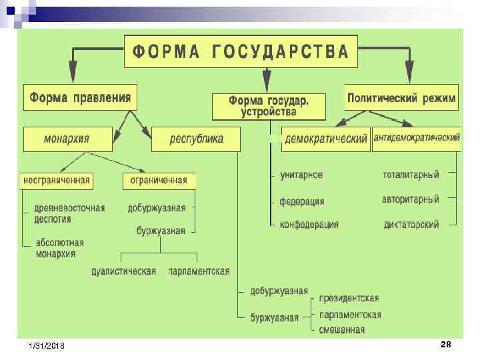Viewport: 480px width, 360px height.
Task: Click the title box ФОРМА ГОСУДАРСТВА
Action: coord(241,51)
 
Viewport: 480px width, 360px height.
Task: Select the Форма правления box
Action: coord(80,99)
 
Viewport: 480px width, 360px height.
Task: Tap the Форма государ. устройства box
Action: coord(269,106)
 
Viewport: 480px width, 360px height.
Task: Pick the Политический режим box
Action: coord(402,99)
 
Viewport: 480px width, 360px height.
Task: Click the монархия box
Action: coord(66,139)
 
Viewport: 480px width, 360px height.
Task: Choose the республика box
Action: coord(196,139)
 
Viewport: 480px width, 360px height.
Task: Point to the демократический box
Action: coord(325,139)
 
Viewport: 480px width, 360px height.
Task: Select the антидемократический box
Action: coord(417,138)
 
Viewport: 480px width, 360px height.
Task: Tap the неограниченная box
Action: coord(57,181)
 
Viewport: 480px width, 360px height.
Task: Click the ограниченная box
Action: coord(159,181)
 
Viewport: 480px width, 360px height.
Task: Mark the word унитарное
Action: coord(301,175)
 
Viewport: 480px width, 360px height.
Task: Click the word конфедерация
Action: coord(309,225)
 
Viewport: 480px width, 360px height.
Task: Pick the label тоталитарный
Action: coord(411,175)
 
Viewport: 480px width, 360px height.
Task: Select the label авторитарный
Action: coord(410,199)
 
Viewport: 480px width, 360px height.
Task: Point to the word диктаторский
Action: coord(411,225)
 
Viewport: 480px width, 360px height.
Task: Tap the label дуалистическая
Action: coord(124,271)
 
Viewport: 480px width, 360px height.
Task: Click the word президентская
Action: coord(349,298)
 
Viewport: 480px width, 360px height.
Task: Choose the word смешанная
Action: coord(341,329)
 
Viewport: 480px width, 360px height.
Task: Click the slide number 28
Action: coord(446,344)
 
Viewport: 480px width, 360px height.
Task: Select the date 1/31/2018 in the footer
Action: coord(47,347)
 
